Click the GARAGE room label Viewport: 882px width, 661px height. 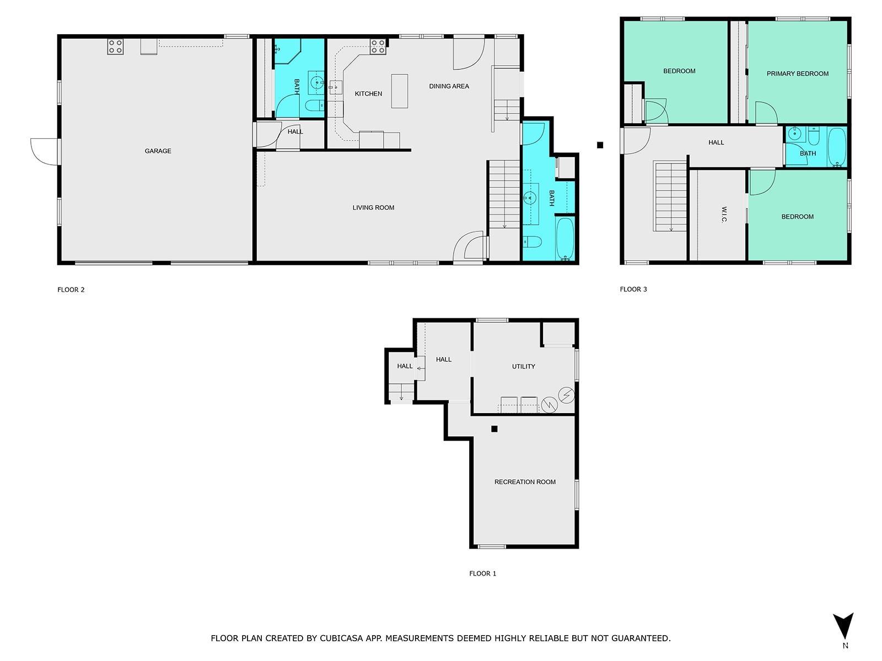[x=158, y=151]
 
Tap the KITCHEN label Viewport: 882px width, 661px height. [x=368, y=94]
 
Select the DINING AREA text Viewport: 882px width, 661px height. [x=449, y=86]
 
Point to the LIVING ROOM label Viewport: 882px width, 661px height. [x=373, y=208]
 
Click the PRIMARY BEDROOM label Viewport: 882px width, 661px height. [x=797, y=74]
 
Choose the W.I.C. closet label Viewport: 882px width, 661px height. [x=724, y=215]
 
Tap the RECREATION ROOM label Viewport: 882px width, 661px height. [x=525, y=482]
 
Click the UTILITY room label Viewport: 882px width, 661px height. [x=523, y=366]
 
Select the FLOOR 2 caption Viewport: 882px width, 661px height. [x=71, y=290]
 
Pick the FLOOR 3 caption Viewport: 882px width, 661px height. [x=633, y=289]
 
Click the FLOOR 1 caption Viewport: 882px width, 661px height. [x=482, y=573]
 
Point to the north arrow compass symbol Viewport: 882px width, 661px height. [x=843, y=627]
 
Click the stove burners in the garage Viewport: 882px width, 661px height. [x=115, y=46]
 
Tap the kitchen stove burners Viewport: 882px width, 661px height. [x=378, y=46]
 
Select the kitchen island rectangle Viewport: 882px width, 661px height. [x=400, y=91]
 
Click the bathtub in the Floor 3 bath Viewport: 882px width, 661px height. [x=836, y=147]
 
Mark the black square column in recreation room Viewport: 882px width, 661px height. [x=494, y=429]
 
